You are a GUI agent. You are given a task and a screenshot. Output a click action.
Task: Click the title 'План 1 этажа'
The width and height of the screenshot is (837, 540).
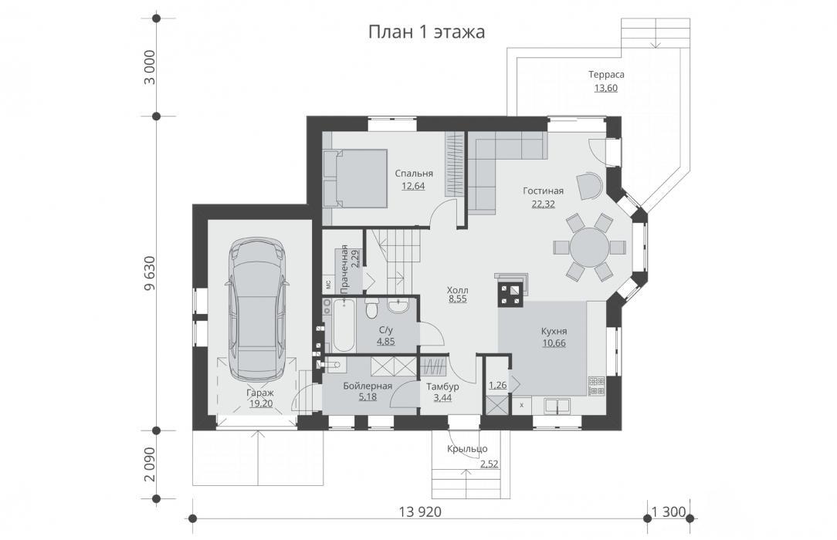coord(426,32)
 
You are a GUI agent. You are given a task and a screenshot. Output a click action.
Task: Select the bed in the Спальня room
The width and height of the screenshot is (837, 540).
coord(354,178)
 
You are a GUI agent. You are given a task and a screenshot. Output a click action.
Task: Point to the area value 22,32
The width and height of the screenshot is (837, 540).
coord(544,203)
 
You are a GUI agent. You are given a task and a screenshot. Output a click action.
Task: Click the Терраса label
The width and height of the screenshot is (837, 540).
coord(606,75)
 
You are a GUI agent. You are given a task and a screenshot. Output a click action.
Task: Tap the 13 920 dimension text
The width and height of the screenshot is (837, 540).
coord(420,511)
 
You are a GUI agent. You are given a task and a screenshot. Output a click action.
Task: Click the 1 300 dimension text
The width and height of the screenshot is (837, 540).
coord(669,511)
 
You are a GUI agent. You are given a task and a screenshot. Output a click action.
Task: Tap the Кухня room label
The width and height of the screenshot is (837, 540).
coord(554,331)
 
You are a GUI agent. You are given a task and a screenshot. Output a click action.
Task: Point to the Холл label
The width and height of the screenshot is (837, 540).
coord(457,290)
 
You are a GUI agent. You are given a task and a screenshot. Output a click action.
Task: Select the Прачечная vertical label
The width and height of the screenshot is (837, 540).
coord(345,269)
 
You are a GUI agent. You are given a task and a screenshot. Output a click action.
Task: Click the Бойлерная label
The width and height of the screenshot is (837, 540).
coord(368,386)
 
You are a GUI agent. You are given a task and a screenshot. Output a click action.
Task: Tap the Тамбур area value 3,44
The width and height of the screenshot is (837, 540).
coord(442,397)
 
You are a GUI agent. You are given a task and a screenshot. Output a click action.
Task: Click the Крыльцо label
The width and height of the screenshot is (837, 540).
coord(467,449)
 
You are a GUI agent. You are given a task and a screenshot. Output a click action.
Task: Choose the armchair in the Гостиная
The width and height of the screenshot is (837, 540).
coord(589,185)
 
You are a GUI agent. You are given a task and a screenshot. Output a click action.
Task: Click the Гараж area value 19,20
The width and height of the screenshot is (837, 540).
coord(260,403)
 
